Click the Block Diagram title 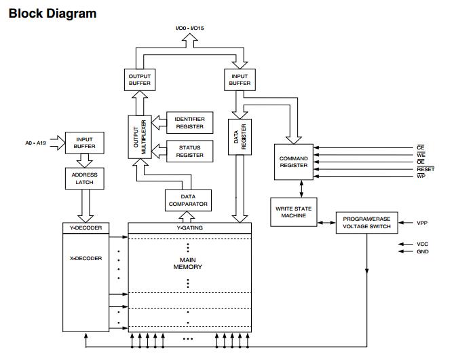coord(52,13)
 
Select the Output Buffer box coord(139,79)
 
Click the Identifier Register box coord(189,122)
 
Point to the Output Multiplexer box coord(138,137)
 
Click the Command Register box coord(293,162)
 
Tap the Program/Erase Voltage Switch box coord(366,222)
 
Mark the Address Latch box coord(85,179)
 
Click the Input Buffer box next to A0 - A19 coord(85,143)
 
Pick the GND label coord(423,252)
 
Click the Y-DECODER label coord(85,228)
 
